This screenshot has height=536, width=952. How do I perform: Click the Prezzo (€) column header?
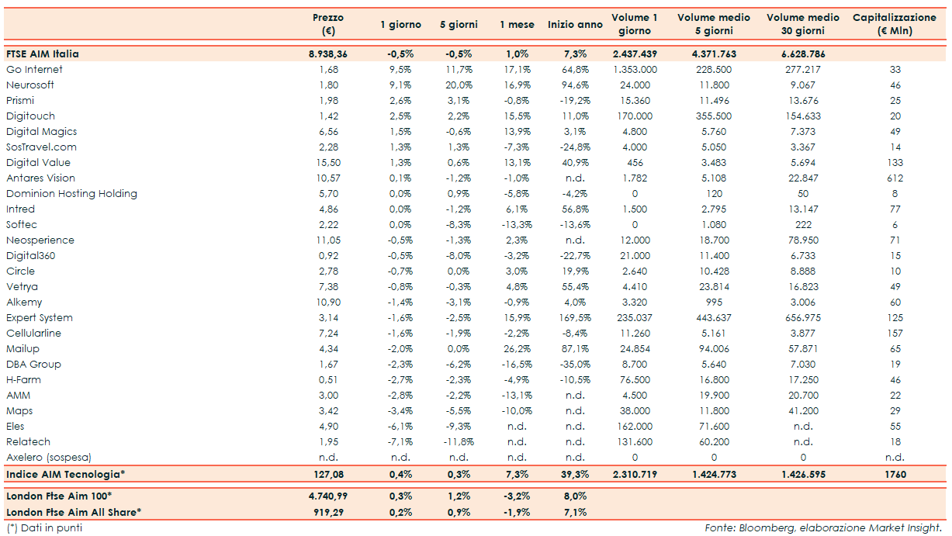pos(327,24)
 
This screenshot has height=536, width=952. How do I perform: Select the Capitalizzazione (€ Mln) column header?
pos(894,24)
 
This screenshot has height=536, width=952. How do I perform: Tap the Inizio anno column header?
pos(575,25)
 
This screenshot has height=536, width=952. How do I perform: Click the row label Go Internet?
pos(34,70)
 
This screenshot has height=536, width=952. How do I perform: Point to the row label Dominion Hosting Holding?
pos(71,194)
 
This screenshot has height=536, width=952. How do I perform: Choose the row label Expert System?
pos(40,318)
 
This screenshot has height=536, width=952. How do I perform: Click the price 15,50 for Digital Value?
pos(327,163)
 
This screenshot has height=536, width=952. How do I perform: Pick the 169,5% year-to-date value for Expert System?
pos(575,318)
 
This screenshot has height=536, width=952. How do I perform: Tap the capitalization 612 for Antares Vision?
pos(895,178)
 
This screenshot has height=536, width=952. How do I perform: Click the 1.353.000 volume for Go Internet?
pos(635,70)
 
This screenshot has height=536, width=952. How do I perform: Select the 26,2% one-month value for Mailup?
pos(517,349)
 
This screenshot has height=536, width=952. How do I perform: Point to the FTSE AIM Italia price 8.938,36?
pos(327,54)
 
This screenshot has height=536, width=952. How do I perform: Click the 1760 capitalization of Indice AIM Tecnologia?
pos(895,474)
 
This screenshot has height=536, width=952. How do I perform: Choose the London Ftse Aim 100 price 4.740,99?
pos(327,496)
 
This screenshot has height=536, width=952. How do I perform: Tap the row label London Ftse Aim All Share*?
pos(74,512)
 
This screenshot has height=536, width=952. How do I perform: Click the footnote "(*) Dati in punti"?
pos(44,528)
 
